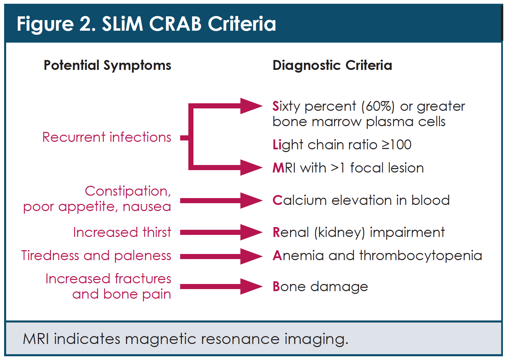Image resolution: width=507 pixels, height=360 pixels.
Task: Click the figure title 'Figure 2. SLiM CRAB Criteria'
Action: [146, 24]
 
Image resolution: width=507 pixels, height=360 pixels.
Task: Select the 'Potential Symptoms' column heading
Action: [107, 65]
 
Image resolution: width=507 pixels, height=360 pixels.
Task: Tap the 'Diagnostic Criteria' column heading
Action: [332, 65]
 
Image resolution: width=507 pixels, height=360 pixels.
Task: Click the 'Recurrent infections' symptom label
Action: [106, 137]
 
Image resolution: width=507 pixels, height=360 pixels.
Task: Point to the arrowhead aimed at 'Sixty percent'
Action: [252, 106]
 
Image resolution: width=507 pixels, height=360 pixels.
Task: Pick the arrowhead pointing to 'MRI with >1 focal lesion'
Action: [252, 167]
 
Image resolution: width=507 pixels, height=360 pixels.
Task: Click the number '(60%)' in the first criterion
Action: [378, 106]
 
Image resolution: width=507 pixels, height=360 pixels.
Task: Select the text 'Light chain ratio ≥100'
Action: [342, 145]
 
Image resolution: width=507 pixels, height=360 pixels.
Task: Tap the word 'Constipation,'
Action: [128, 191]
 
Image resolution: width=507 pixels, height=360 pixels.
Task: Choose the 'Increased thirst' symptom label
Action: [122, 232]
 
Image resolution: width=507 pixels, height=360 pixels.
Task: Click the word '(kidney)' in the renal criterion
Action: [339, 232]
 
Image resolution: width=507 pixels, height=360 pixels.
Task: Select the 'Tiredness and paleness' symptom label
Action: [96, 256]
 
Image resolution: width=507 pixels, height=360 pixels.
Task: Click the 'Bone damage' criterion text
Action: [320, 287]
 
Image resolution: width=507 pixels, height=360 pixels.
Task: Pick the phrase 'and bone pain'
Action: [121, 294]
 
